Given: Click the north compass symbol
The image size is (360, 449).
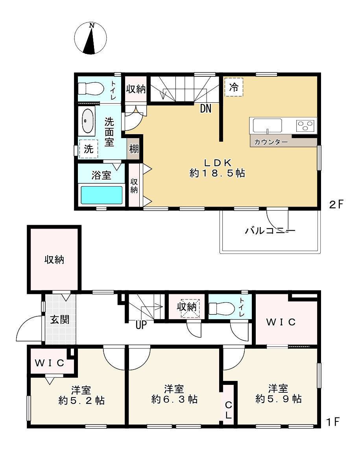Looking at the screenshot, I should [91, 38].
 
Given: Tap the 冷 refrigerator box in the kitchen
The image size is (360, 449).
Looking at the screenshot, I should [234, 87].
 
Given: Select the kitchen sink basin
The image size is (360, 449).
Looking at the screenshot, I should [268, 126].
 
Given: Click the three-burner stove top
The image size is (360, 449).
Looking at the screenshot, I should [306, 126].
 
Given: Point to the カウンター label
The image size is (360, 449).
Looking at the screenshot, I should [271, 142].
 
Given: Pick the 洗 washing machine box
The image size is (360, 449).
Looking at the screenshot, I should [89, 149].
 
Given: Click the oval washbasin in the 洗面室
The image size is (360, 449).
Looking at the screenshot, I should [88, 121].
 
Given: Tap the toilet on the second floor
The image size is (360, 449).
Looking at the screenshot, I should [91, 88].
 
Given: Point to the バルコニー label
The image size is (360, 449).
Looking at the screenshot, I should [270, 231].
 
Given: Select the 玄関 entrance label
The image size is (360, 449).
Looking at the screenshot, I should [59, 319].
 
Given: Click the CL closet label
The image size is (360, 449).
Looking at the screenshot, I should [228, 409].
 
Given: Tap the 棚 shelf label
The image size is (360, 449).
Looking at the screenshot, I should [133, 150].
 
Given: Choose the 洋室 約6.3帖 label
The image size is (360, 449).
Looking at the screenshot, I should [174, 395].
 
